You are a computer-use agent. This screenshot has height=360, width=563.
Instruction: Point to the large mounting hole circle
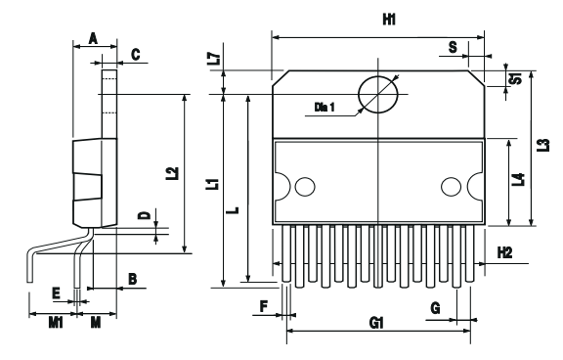pos(377,95)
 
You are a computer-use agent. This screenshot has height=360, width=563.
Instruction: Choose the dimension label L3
pos(542,144)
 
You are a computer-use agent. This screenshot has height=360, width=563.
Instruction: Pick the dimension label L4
pos(518,179)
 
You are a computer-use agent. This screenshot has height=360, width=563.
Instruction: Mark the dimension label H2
pos(504,252)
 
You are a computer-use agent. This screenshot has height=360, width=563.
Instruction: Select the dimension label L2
pos(172,173)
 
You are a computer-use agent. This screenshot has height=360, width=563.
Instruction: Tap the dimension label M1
pos(57,321)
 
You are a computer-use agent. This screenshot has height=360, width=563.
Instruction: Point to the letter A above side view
pos(93,38)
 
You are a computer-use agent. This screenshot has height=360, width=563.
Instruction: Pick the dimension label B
pos(132,280)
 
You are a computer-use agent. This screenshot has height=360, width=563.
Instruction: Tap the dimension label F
pos(264,306)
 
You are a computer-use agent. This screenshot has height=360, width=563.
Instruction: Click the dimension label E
pos(56,292)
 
